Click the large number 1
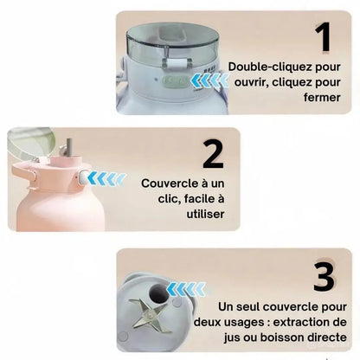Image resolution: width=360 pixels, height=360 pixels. (323, 37)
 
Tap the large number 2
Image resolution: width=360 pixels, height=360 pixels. (213, 154)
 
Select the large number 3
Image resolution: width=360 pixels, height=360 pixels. (325, 276)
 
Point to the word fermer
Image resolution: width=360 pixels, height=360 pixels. (322, 97)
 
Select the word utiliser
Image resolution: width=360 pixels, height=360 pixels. (205, 214)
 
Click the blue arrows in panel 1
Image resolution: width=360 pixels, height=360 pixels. (210, 80)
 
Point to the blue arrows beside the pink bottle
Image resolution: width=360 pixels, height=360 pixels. (106, 178)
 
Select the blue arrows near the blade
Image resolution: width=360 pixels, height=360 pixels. (186, 289)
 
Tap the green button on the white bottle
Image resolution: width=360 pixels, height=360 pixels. (176, 81)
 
